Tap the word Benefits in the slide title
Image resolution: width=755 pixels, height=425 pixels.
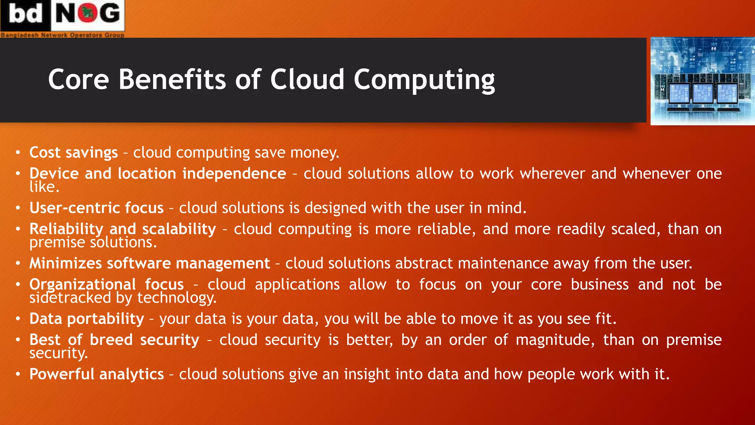pyautogui.click(x=172, y=79)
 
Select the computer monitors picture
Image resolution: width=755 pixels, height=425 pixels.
pyautogui.click(x=702, y=81)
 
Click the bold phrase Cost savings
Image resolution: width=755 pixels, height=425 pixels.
pyautogui.click(x=74, y=153)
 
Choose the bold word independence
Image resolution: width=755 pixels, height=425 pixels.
pyautogui.click(x=234, y=174)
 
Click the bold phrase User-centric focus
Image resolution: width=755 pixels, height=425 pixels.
pyautogui.click(x=97, y=208)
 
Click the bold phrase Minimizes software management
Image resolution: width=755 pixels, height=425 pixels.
pyautogui.click(x=150, y=263)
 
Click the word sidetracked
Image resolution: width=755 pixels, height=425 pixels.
pyautogui.click(x=70, y=298)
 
